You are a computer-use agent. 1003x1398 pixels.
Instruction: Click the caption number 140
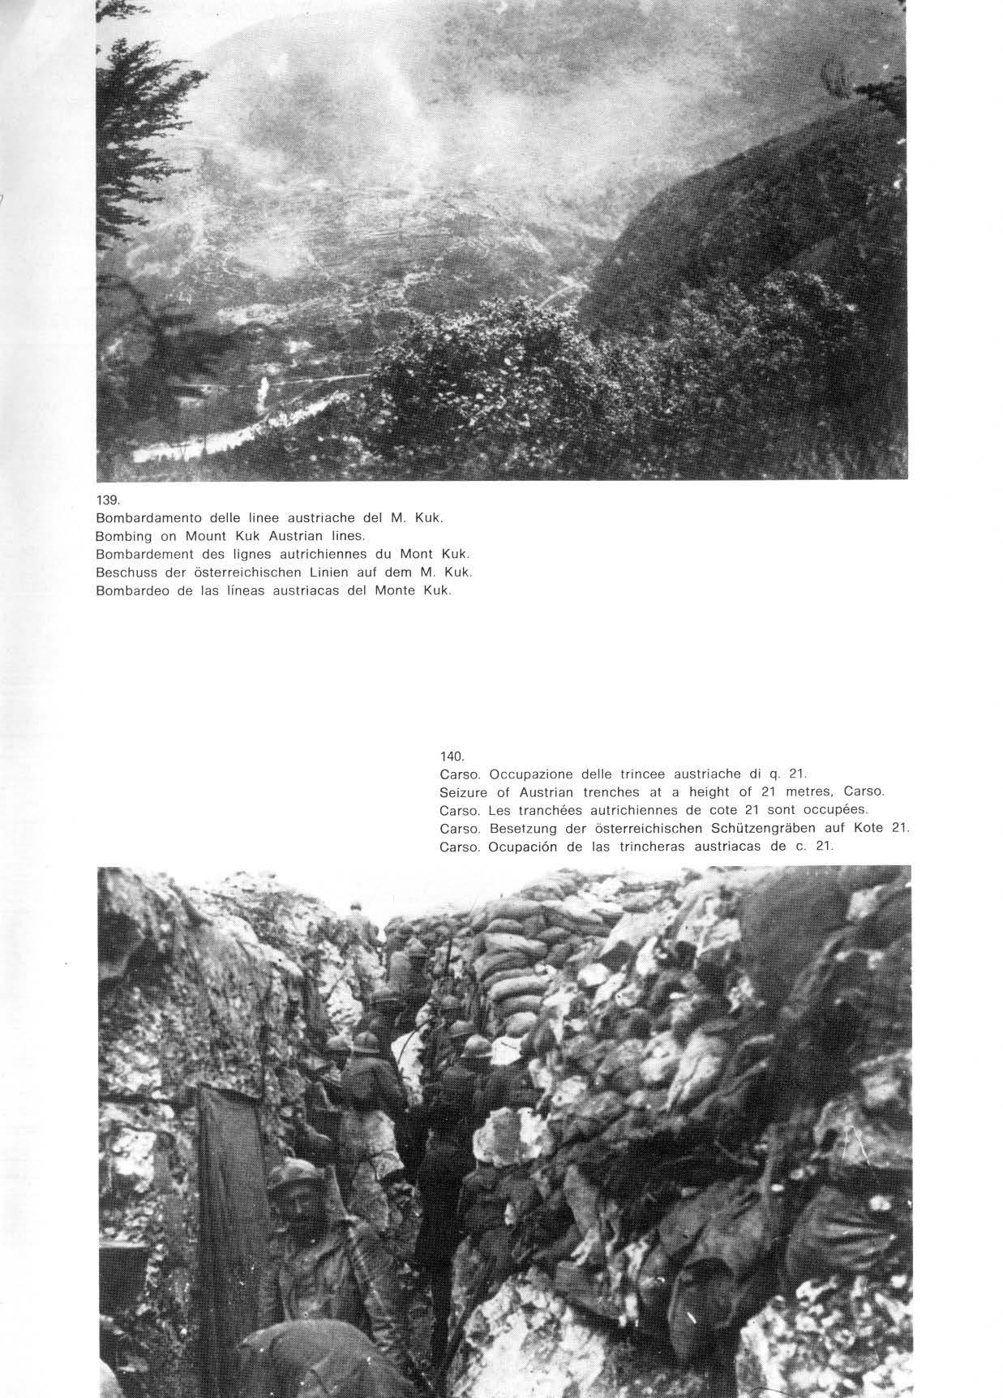[451, 757]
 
